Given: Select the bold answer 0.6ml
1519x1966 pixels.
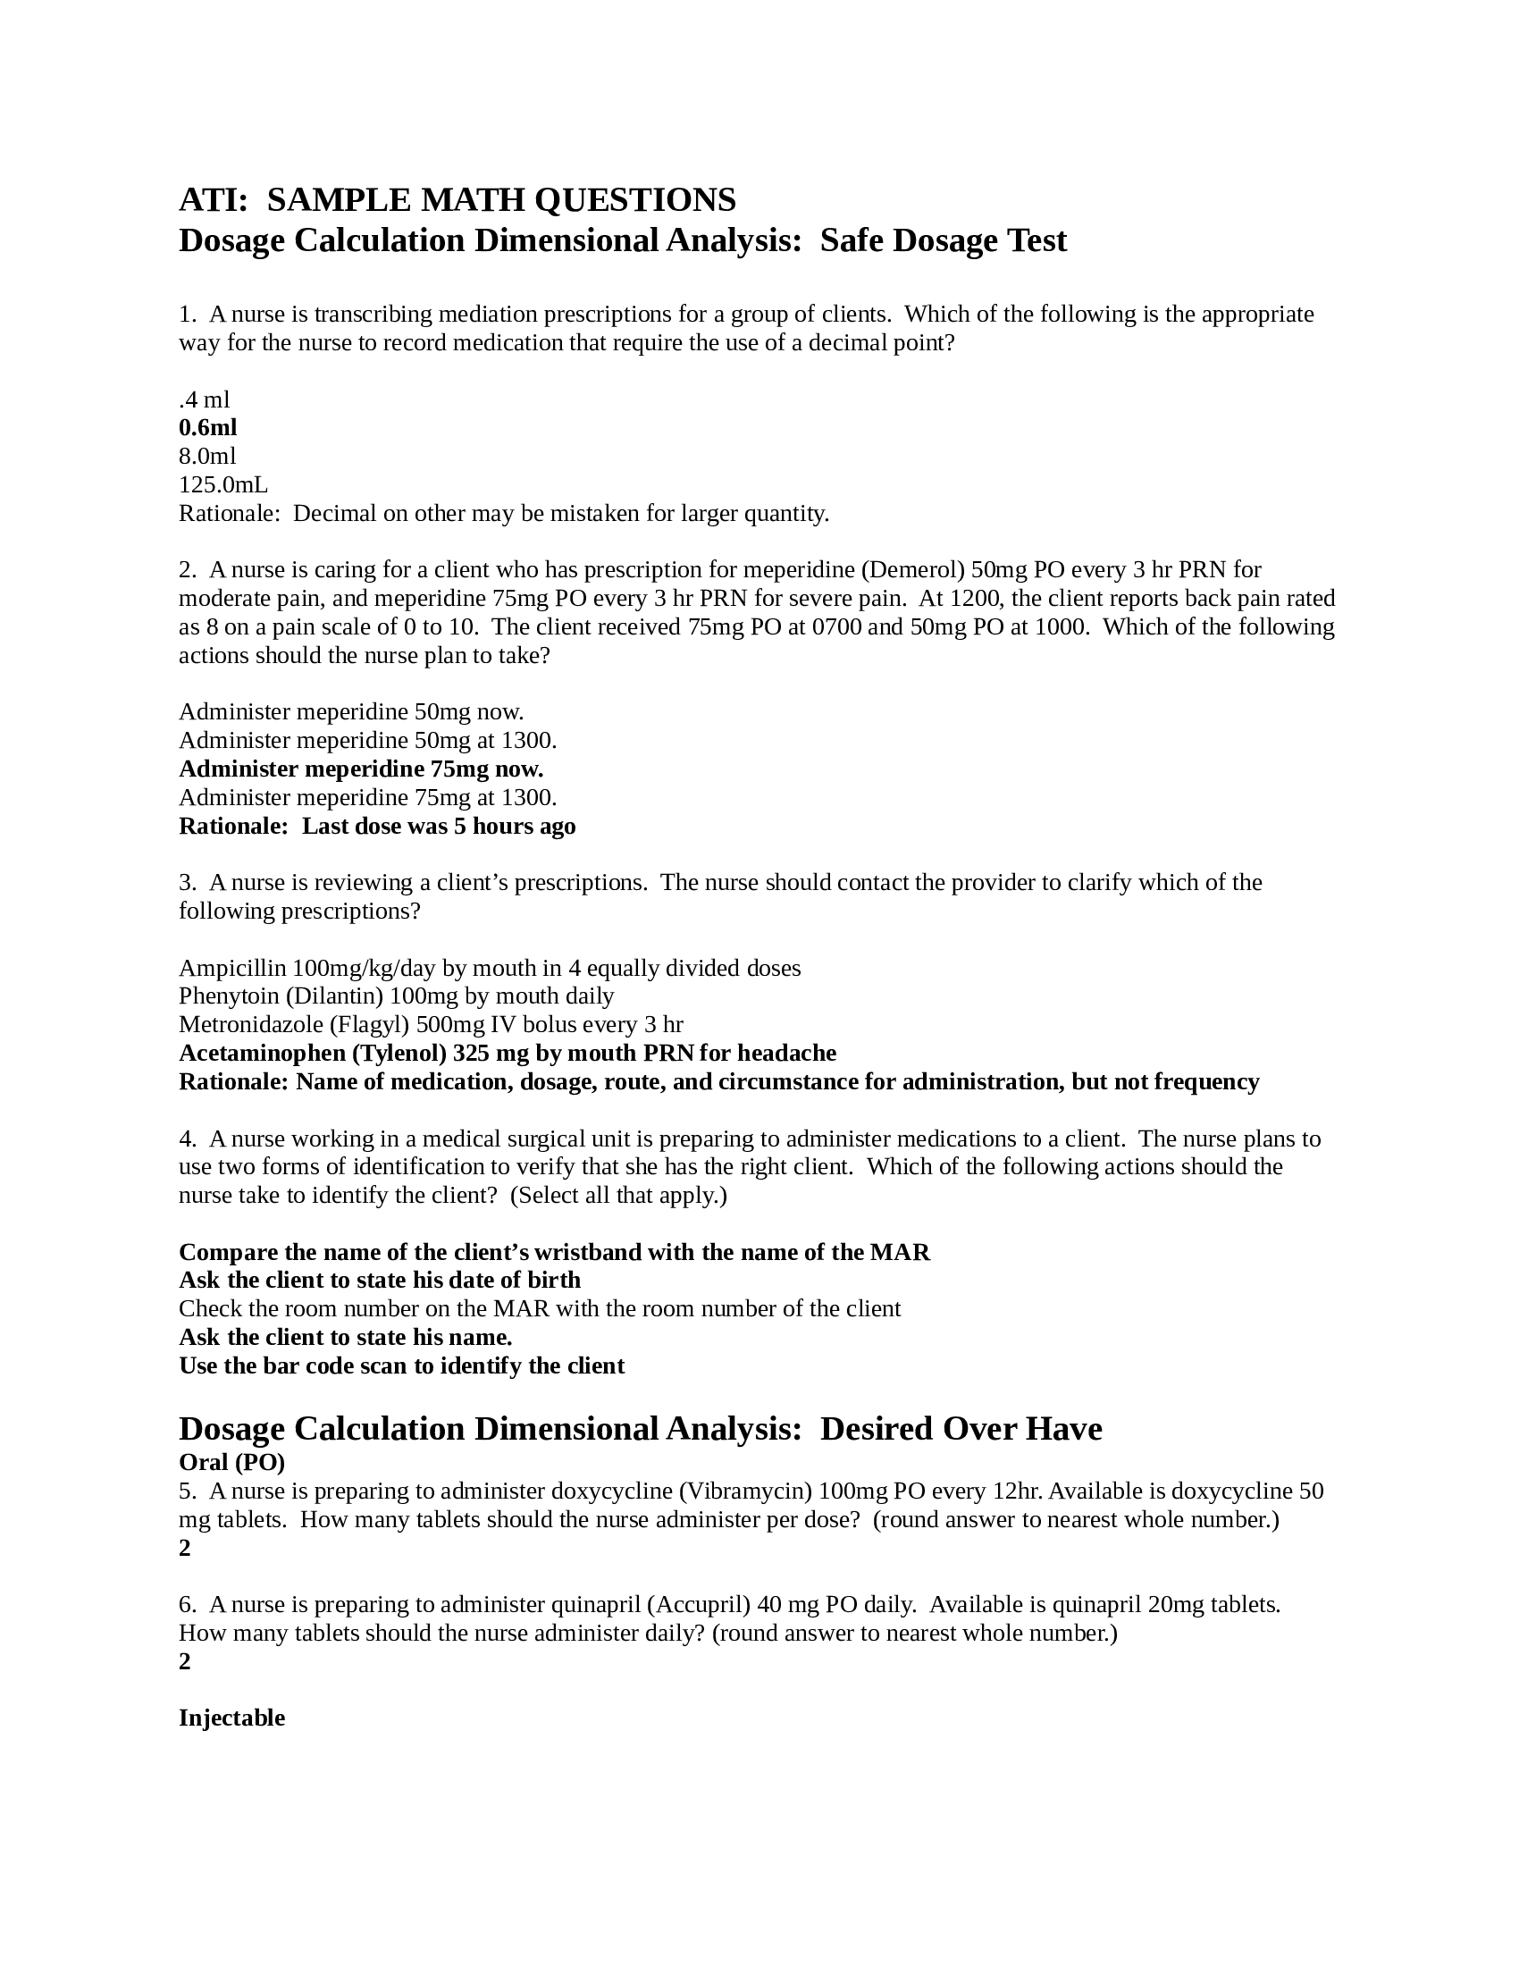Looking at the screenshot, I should tap(208, 427).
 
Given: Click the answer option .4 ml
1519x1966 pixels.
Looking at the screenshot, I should tap(205, 399).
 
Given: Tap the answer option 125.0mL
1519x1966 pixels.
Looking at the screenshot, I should tap(223, 485).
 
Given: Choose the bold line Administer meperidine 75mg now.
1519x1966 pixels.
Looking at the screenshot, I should tap(361, 769).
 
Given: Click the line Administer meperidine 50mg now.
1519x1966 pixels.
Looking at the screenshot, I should tap(351, 712).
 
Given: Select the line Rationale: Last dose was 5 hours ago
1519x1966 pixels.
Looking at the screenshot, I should tap(377, 826).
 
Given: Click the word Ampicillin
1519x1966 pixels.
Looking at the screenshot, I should tap(232, 969).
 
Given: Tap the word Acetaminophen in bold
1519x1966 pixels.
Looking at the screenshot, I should tap(262, 1054).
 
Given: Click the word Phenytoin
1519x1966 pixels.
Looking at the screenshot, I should tap(221, 996).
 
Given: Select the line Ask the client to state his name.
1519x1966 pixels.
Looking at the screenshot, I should tap(346, 1337).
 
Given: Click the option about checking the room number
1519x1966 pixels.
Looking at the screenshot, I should tap(539, 1309).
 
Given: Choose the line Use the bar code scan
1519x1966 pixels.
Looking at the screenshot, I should tap(401, 1365).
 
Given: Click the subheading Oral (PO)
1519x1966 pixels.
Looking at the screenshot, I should tap(232, 1461).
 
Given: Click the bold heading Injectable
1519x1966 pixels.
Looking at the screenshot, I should tap(232, 1718).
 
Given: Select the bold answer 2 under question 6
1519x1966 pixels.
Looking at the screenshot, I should tap(185, 1661).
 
